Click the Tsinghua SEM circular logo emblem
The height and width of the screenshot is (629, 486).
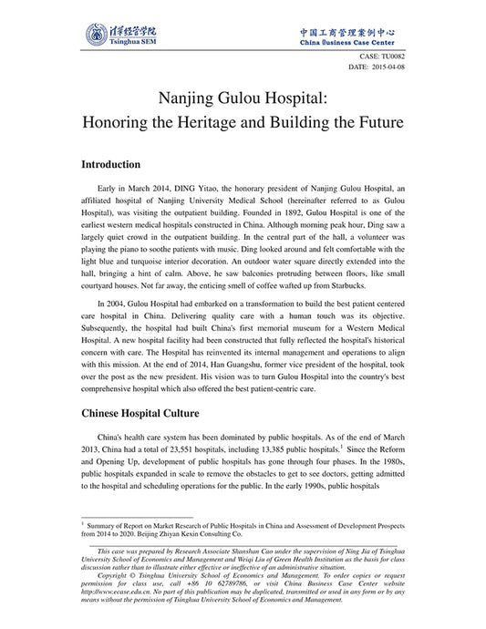point(94,36)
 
